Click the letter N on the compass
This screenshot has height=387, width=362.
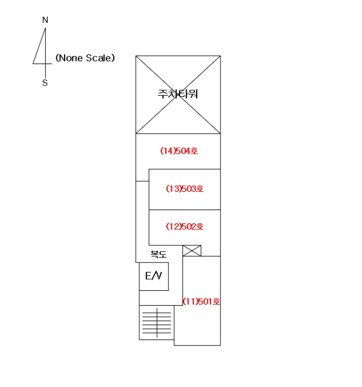pos(45,20)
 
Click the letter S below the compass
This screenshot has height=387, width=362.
pos(45,83)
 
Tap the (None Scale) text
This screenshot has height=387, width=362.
pos(85,58)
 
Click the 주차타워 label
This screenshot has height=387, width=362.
pos(178,94)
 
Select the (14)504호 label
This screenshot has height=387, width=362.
pos(179,151)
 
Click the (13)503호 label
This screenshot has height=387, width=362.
pos(185,189)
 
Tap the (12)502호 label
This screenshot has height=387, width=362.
pos(185,226)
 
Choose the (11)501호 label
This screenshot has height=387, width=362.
pos(201,301)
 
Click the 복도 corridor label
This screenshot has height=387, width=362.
pos(159,254)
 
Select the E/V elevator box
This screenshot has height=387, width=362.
pos(154,276)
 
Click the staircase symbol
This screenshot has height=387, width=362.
pos(157,322)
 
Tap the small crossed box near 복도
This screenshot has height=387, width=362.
pos(192,251)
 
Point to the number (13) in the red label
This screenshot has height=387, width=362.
pos(174,189)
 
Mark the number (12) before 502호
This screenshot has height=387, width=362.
pos(174,226)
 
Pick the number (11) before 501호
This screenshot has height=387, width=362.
pos(190,301)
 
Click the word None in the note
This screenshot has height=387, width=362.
pos(71,58)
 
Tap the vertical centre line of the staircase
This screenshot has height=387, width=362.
pos(157,323)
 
